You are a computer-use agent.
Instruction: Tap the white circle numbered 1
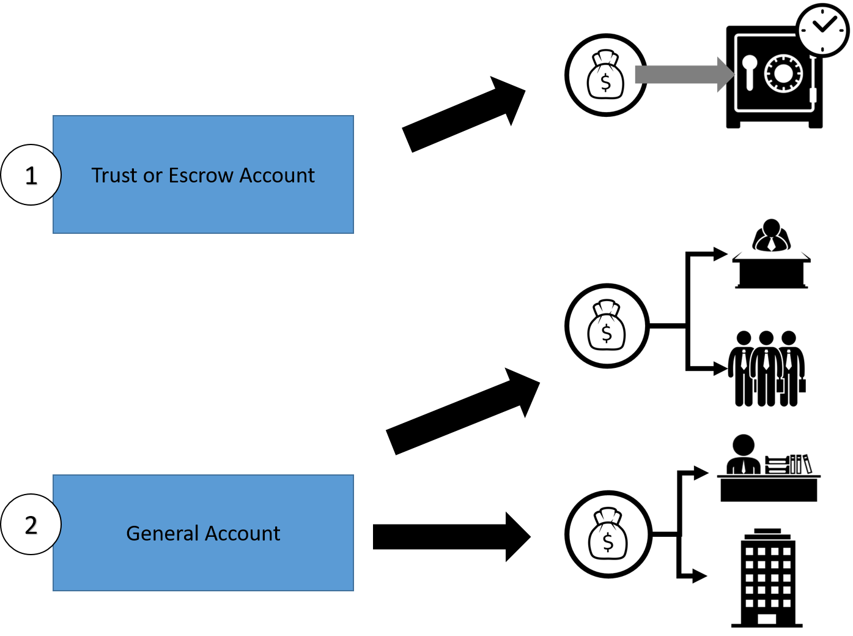pyautogui.click(x=31, y=175)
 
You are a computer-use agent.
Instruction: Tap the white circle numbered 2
pyautogui.click(x=31, y=525)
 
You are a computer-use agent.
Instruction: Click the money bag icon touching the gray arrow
pyautogui.click(x=605, y=75)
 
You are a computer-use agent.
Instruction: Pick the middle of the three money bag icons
pyautogui.click(x=607, y=326)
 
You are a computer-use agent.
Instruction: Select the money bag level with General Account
pyautogui.click(x=608, y=534)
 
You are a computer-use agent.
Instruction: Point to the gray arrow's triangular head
pyautogui.click(x=725, y=75)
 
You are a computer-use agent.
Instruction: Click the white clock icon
pyautogui.click(x=822, y=31)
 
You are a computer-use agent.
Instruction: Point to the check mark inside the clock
pyautogui.click(x=824, y=24)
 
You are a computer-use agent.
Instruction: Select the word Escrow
pyautogui.click(x=201, y=176)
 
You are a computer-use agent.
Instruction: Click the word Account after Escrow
pyautogui.click(x=277, y=176)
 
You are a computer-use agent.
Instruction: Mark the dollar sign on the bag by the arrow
pyautogui.click(x=605, y=81)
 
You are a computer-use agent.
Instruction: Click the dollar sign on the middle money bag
pyautogui.click(x=607, y=333)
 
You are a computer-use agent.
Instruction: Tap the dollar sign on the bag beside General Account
pyautogui.click(x=608, y=541)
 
